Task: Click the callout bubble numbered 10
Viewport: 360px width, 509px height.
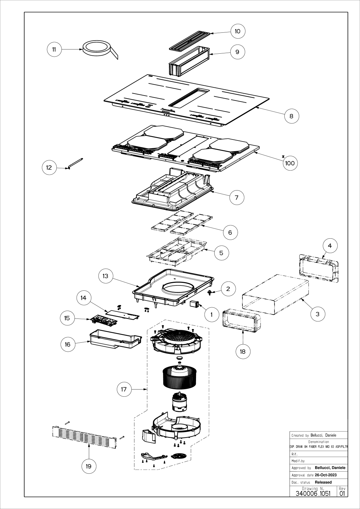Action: [x=238, y=31]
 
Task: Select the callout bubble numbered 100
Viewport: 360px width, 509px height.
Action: [x=290, y=163]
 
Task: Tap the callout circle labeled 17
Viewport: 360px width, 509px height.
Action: [x=124, y=389]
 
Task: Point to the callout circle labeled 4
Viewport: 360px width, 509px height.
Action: [x=330, y=246]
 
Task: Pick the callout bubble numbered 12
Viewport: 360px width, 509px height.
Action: [x=49, y=168]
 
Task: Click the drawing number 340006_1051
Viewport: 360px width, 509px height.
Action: [x=313, y=493]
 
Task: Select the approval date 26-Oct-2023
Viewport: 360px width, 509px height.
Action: [x=326, y=475]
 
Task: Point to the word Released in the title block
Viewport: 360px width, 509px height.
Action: [x=323, y=482]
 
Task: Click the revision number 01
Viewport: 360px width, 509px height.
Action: [x=342, y=493]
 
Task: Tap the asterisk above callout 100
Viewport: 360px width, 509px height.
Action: [x=283, y=155]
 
